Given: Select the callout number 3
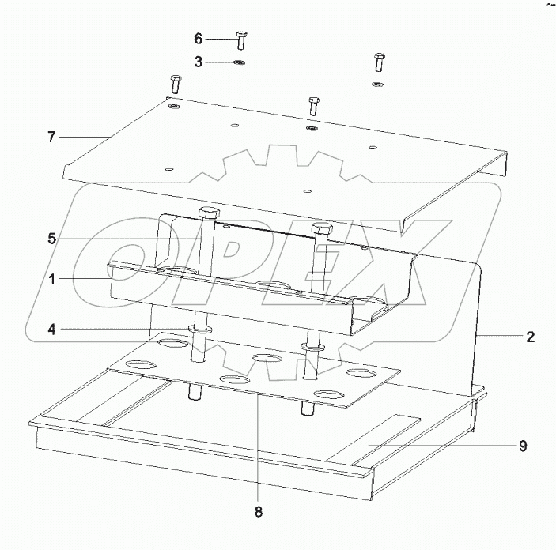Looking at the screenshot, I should (x=199, y=61).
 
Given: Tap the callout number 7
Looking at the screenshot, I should (x=51, y=137).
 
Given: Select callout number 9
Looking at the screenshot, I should (x=523, y=446).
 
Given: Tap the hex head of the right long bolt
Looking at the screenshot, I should (x=320, y=230).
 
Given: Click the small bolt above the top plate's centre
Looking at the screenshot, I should (x=313, y=104).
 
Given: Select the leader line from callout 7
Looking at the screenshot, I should (x=83, y=137).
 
